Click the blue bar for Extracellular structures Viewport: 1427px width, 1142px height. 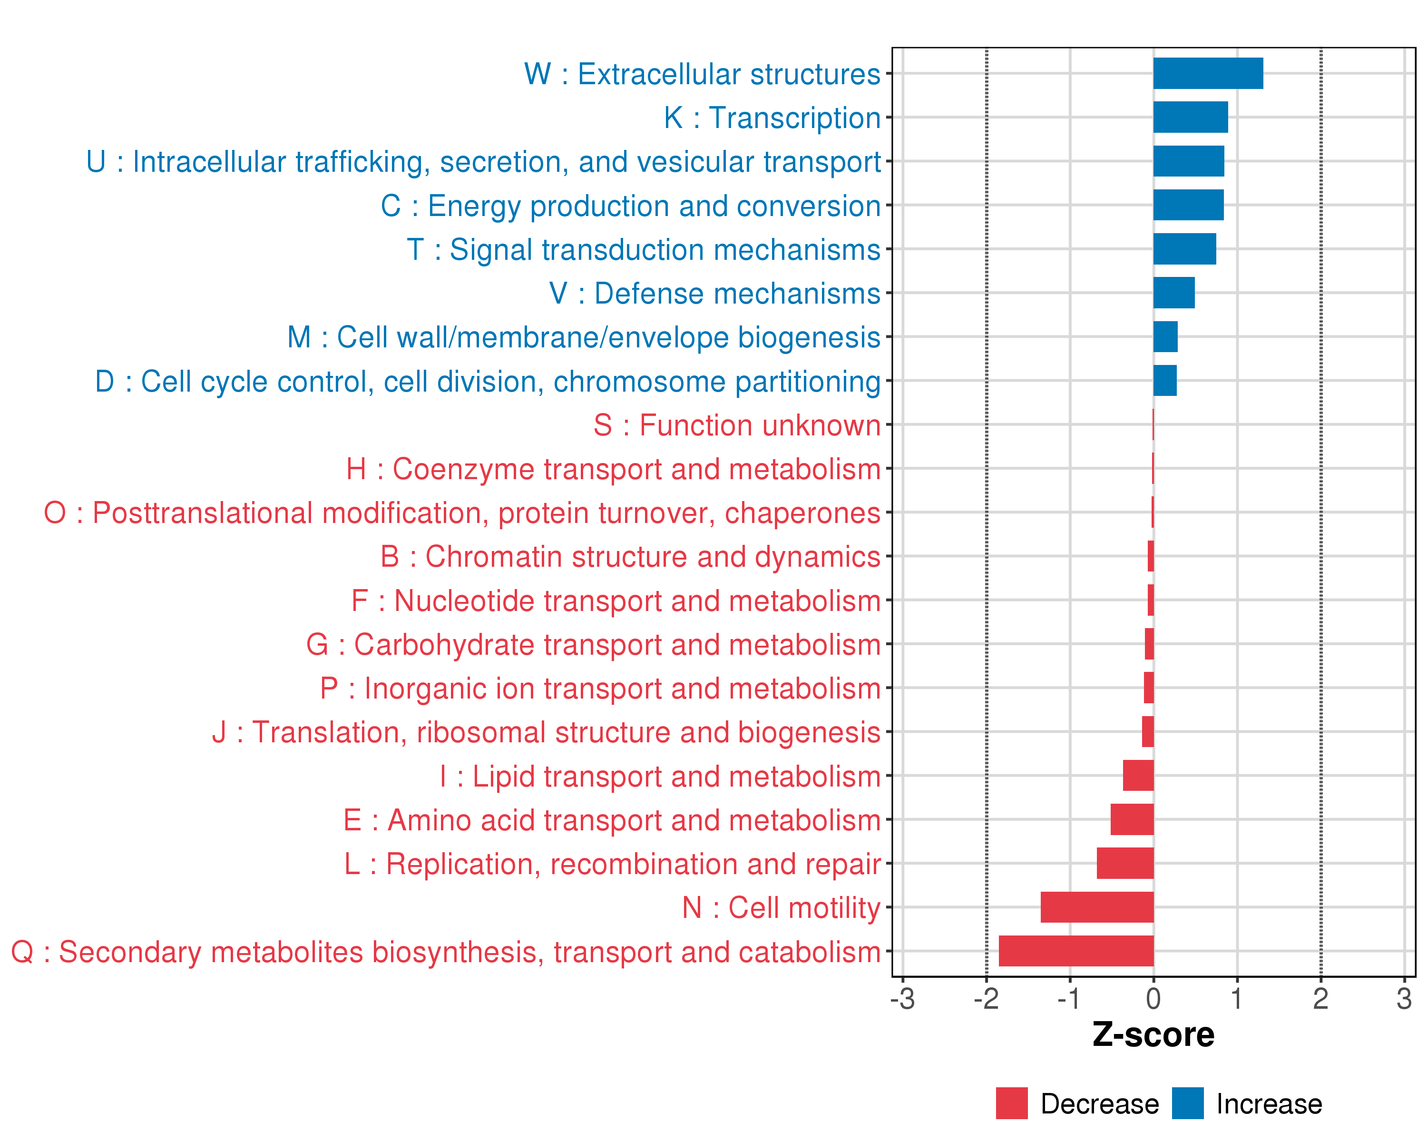1208,73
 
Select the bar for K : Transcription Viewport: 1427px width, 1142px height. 1190,117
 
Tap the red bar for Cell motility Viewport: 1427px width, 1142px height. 1097,907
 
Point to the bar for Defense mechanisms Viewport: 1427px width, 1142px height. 1173,293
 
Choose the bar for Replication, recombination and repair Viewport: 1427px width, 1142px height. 1124,863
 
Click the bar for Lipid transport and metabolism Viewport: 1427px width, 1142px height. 1138,775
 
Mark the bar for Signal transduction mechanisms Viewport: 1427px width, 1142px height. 1184,249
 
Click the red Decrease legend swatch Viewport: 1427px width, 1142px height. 1011,1103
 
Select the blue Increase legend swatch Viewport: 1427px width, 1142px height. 1187,1103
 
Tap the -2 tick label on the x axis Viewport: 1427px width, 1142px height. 986,998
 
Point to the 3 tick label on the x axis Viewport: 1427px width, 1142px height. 1404,998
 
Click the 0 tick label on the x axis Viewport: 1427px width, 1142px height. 1153,998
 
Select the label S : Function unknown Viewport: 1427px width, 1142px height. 737,425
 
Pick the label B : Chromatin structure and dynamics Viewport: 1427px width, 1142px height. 630,557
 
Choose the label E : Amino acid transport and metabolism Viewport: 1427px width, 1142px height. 612,820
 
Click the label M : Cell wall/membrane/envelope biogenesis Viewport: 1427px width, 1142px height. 583,337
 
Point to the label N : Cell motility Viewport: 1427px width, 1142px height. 781,907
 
